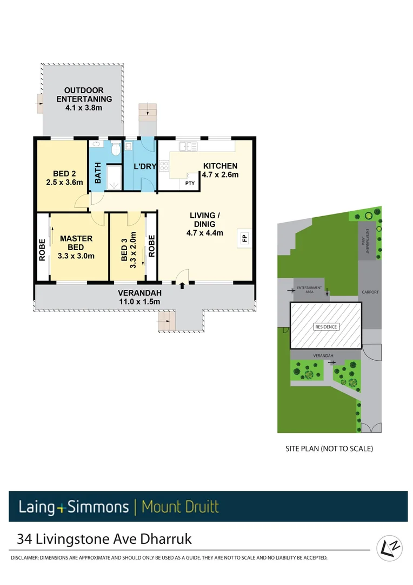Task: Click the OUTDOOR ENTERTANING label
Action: click(x=84, y=99)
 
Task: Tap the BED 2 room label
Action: click(x=64, y=178)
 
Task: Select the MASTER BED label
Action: click(x=76, y=247)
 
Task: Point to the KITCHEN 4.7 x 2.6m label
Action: click(x=220, y=170)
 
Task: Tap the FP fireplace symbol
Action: click(x=243, y=238)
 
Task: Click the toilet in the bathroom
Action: click(x=115, y=150)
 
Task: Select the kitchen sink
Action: click(x=188, y=146)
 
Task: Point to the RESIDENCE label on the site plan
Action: click(x=326, y=327)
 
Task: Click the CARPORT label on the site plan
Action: click(x=370, y=292)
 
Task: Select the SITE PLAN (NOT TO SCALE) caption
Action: click(x=329, y=448)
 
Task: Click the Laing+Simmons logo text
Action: click(x=74, y=507)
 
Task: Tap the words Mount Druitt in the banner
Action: click(x=180, y=507)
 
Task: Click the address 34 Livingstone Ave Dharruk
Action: click(x=104, y=539)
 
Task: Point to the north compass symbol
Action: click(x=388, y=548)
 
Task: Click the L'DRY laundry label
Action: click(x=145, y=166)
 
